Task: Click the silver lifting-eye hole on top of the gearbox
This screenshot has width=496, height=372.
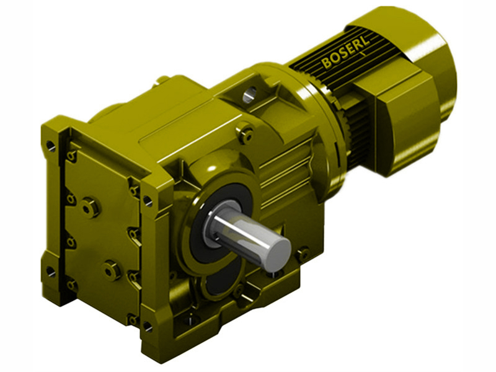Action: tap(249, 94)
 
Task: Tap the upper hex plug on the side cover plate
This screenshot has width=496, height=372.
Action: tap(90, 206)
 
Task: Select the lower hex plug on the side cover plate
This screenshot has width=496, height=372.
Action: tap(112, 270)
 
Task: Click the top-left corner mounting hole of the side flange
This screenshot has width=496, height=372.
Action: tap(50, 146)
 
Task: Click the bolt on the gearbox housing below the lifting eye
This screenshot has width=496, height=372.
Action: tap(246, 134)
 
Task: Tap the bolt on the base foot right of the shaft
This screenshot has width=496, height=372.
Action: tap(303, 254)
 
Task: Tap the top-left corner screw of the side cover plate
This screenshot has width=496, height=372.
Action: tap(72, 155)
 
